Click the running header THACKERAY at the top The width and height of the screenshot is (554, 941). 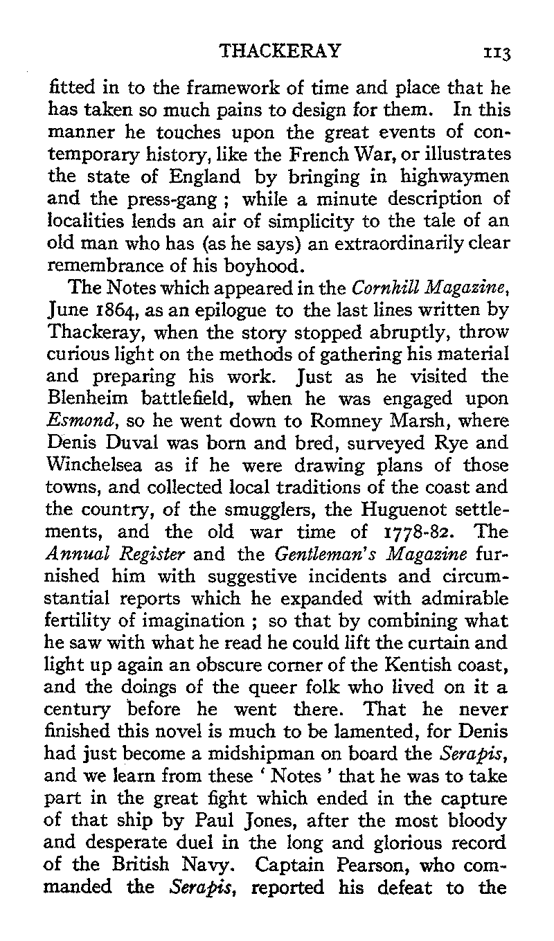pos(280,51)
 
